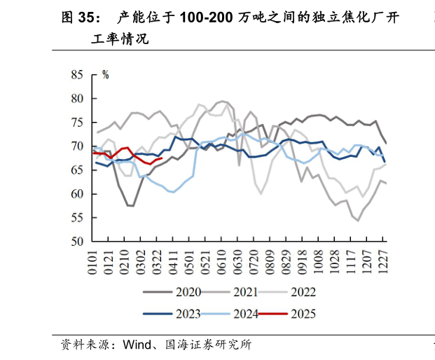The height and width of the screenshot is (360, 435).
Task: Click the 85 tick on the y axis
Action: tap(77, 74)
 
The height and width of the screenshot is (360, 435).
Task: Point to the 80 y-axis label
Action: tap(77, 98)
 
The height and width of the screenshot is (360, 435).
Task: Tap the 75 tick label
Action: tap(77, 122)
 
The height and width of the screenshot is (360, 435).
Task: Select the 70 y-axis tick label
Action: tap(77, 146)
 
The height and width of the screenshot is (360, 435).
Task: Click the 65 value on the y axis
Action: tap(77, 170)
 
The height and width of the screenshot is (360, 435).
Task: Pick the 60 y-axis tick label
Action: tap(77, 194)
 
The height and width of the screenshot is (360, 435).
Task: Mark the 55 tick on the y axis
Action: tap(77, 218)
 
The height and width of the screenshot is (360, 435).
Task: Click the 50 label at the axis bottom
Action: tap(77, 242)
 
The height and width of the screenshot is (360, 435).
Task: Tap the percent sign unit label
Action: tap(106, 75)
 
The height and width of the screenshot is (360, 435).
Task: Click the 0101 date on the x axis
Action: tap(92, 260)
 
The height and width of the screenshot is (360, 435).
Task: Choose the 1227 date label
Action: tap(384, 260)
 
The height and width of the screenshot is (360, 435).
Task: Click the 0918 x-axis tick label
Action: tap(303, 260)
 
